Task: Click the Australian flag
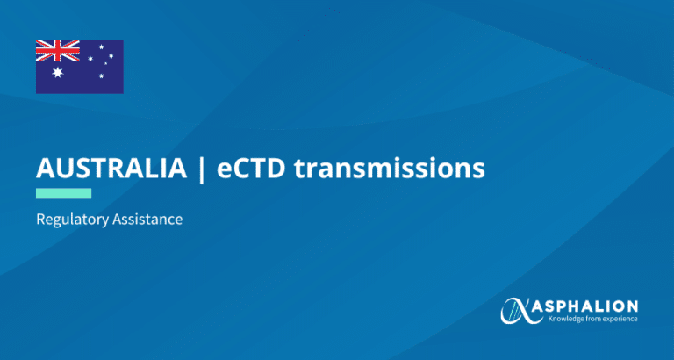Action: pyautogui.click(x=80, y=67)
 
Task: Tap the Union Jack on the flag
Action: pyautogui.click(x=58, y=51)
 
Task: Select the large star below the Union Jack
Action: pyautogui.click(x=58, y=73)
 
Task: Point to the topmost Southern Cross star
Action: pyautogui.click(x=102, y=47)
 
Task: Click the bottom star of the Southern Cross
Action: pyautogui.click(x=102, y=76)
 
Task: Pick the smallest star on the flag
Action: pyautogui.click(x=105, y=63)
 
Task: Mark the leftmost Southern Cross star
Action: pyautogui.click(x=90, y=59)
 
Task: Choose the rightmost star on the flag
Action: pyautogui.click(x=111, y=56)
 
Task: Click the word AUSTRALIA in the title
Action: pyautogui.click(x=111, y=169)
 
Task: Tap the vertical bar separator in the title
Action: pyautogui.click(x=202, y=169)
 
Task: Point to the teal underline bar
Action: pyautogui.click(x=63, y=193)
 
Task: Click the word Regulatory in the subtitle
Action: pyautogui.click(x=72, y=220)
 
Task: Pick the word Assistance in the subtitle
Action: pyautogui.click(x=147, y=220)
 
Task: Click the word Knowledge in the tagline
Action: pyautogui.click(x=563, y=319)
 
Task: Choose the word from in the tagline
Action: pyautogui.click(x=586, y=319)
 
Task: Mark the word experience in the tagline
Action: pyautogui.click(x=616, y=320)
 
